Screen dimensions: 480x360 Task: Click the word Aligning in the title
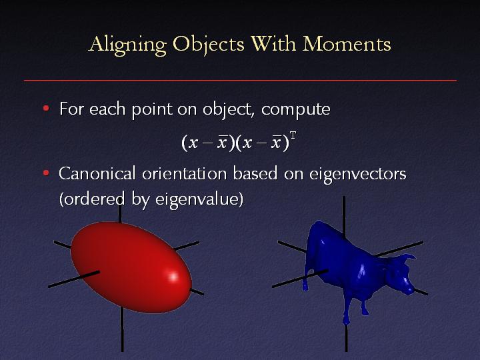tap(127, 45)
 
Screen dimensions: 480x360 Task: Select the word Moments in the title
tap(347, 43)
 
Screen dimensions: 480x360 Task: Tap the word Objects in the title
tap(209, 45)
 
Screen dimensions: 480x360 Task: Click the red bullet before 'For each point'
tap(46, 108)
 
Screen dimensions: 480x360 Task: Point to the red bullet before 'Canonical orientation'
tap(46, 173)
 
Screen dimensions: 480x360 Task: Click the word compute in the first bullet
tap(296, 110)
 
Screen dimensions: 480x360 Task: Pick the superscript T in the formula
tap(293, 135)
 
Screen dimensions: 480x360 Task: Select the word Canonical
tap(97, 173)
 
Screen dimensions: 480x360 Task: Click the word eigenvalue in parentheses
tap(197, 200)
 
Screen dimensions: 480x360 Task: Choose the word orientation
tap(184, 173)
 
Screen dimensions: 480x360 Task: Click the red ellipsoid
tap(131, 267)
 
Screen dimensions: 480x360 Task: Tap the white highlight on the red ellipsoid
tap(173, 277)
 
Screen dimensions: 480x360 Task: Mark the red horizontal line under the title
tap(240, 81)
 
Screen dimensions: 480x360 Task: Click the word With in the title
tap(273, 43)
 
